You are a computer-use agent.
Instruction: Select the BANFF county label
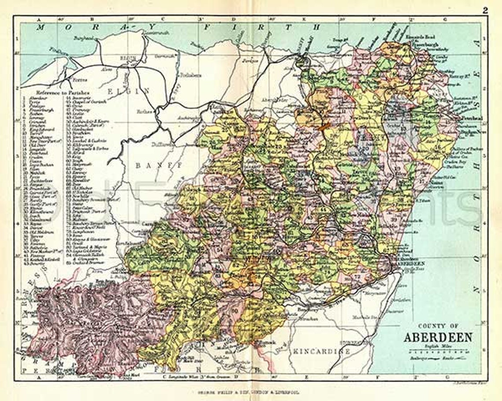point(152,166)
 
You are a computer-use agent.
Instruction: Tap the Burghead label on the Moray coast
point(87,38)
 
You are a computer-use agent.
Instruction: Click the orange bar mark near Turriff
point(325,126)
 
